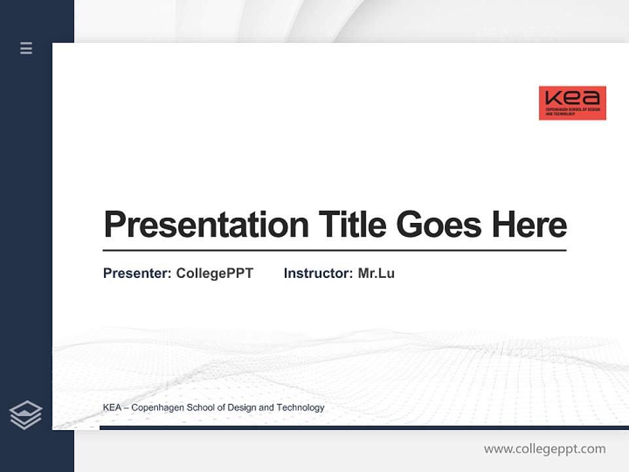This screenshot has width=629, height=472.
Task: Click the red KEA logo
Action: (572, 103)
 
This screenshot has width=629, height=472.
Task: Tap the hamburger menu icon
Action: (26, 48)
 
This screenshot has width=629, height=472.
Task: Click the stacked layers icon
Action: (26, 415)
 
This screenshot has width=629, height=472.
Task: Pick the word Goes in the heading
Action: (439, 224)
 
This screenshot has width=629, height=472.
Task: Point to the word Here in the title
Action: (529, 224)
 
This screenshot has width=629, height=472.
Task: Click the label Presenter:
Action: (137, 273)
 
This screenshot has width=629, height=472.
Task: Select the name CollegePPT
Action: (214, 273)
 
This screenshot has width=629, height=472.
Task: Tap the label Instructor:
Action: (318, 273)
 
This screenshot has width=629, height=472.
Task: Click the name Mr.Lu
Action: (376, 273)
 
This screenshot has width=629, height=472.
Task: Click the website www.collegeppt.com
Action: (544, 449)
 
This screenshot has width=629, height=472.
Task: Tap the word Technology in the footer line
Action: (300, 408)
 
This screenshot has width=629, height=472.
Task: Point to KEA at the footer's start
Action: (112, 408)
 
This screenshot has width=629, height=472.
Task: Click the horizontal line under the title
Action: (334, 250)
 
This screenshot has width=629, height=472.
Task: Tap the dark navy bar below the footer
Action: (364, 427)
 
